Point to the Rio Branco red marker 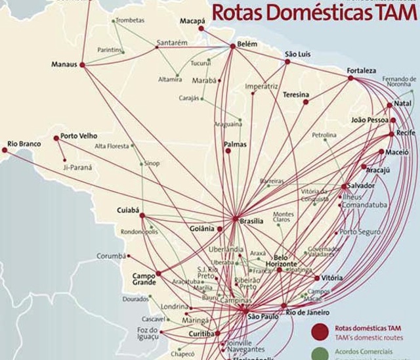click(5, 150)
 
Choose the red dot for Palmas click(228, 151)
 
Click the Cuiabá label click(129, 210)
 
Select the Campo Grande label click(144, 279)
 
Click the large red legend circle click(320, 330)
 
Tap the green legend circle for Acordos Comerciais click(320, 353)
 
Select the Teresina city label click(295, 95)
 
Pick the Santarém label click(172, 43)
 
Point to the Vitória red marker click(318, 278)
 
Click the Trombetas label click(131, 20)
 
